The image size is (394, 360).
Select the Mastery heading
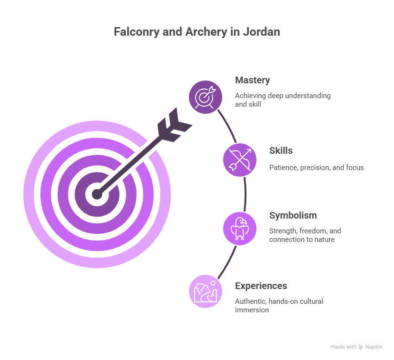tap(252, 80)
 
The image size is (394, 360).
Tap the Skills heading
tap(281, 150)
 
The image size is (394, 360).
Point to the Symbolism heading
tap(293, 215)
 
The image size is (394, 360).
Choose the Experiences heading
tap(261, 286)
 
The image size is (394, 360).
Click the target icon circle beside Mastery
tap(206, 97)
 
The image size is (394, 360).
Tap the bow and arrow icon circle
tap(240, 160)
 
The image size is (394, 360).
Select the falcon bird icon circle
tap(240, 229)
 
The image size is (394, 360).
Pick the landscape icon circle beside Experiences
tap(206, 291)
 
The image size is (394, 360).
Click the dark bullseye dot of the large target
tap(97, 194)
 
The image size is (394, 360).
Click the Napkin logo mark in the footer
tap(361, 347)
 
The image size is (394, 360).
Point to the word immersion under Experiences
tap(252, 310)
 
